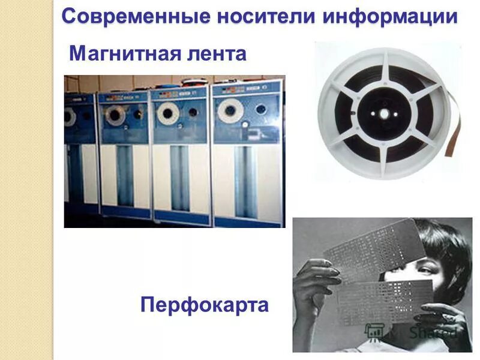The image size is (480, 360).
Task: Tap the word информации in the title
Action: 389,16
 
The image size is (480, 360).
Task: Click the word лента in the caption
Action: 217,54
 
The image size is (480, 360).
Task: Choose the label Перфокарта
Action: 205,305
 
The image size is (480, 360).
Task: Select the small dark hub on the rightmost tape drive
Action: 260,110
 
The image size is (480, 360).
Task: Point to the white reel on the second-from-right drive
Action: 167,112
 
